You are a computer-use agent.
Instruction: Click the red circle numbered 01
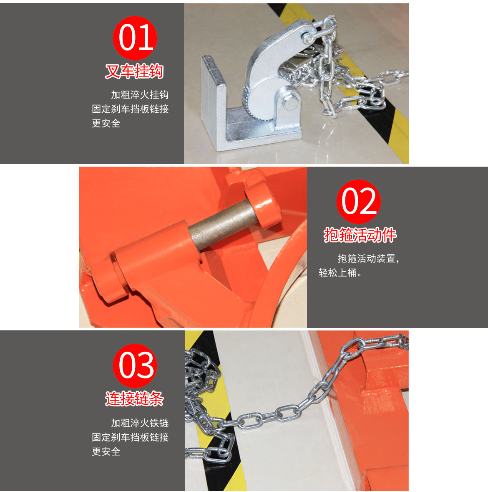click(x=135, y=38)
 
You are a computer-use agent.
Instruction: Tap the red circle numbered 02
click(x=359, y=202)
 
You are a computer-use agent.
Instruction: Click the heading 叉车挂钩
click(x=134, y=71)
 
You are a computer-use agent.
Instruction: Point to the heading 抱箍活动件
click(x=360, y=235)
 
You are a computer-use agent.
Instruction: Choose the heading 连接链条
click(x=134, y=399)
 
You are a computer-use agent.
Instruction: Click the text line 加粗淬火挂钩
click(x=140, y=95)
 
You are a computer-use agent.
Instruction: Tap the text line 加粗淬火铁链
click(x=140, y=423)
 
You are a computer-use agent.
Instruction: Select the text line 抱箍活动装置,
click(x=368, y=259)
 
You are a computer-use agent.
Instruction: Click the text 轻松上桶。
click(x=340, y=273)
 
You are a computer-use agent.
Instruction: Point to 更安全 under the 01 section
click(x=106, y=123)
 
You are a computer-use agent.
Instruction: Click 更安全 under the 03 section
click(x=106, y=451)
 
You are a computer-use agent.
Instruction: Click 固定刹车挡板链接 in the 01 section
click(x=130, y=109)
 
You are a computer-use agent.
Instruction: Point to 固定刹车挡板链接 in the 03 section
click(x=130, y=437)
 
